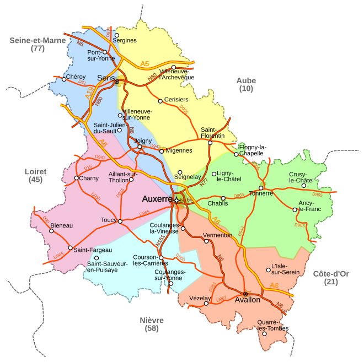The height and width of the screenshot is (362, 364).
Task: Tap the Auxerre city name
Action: click(x=157, y=198)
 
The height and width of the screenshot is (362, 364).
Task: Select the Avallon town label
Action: click(x=247, y=300)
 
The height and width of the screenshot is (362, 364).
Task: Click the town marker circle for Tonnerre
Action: click(x=261, y=188)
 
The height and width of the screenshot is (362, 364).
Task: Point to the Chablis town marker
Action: click(x=223, y=198)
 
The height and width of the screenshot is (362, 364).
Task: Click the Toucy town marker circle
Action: click(x=120, y=221)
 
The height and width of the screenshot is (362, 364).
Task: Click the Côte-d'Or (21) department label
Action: click(x=331, y=278)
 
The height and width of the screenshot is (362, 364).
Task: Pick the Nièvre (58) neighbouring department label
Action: click(x=152, y=324)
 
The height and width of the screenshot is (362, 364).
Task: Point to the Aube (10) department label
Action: click(x=246, y=84)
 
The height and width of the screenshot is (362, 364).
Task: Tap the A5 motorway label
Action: click(x=144, y=64)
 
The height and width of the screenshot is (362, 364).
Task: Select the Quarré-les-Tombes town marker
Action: click(x=264, y=333)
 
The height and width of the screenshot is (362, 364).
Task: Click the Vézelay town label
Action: click(x=200, y=298)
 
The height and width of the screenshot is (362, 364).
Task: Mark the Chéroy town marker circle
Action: click(x=64, y=79)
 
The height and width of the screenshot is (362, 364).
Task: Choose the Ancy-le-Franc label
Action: click(x=306, y=206)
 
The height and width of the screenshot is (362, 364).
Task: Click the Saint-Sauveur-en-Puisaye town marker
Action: click(x=97, y=258)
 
